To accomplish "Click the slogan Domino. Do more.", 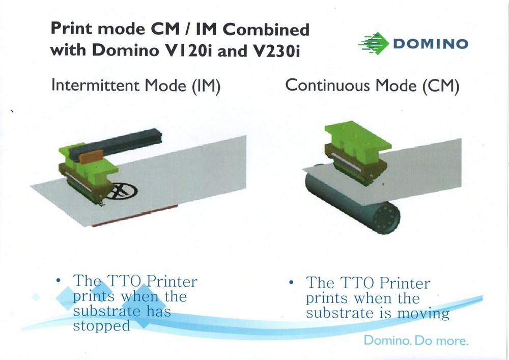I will click(415, 340).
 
